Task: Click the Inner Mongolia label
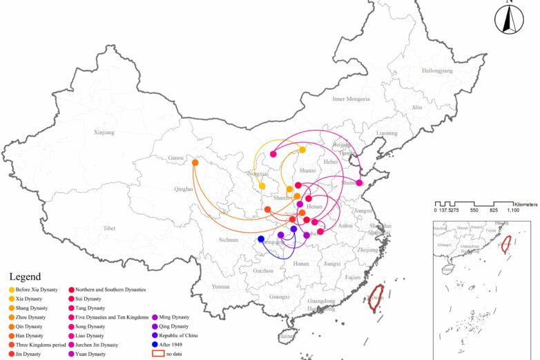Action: [351, 99]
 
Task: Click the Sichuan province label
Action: [228, 240]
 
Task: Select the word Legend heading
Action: [25, 276]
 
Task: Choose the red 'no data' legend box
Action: [158, 353]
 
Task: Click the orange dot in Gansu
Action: [195, 163]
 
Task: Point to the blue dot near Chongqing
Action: [261, 239]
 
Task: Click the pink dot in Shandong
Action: [360, 183]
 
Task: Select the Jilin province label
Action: [416, 108]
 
